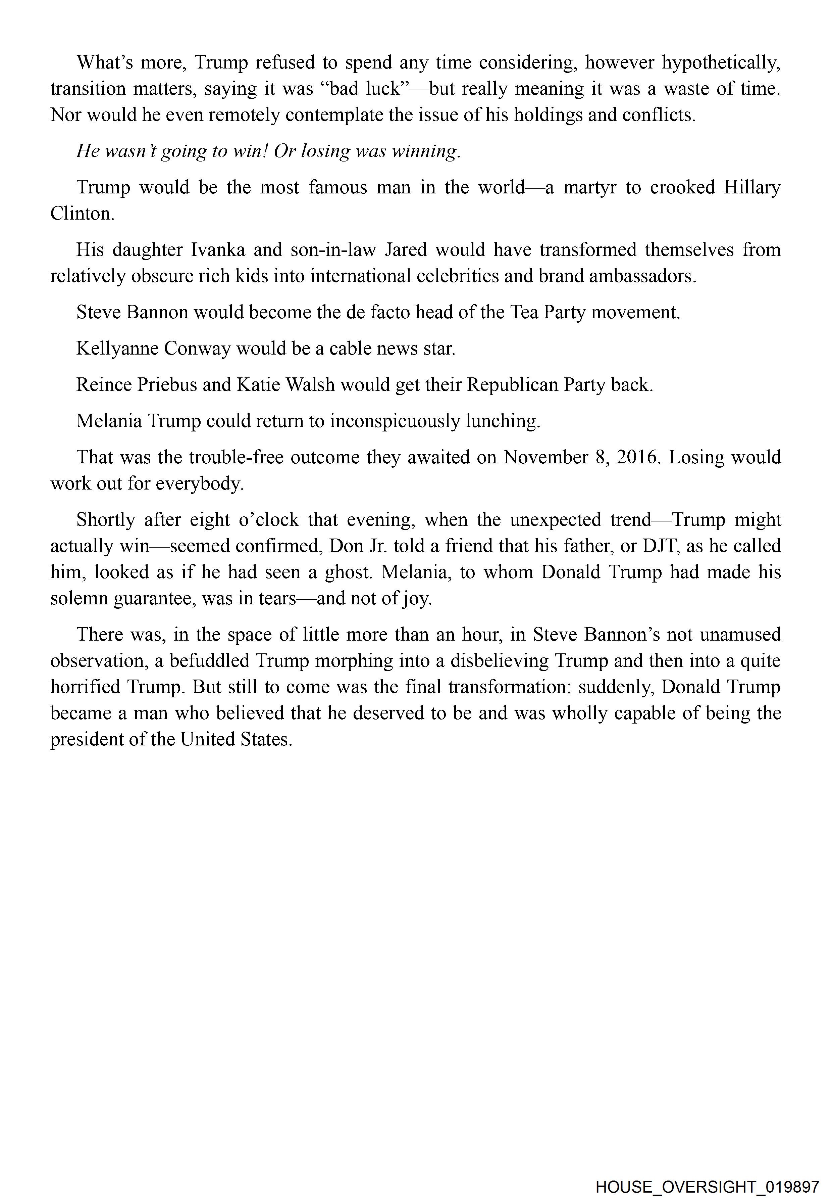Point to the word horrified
85,687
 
